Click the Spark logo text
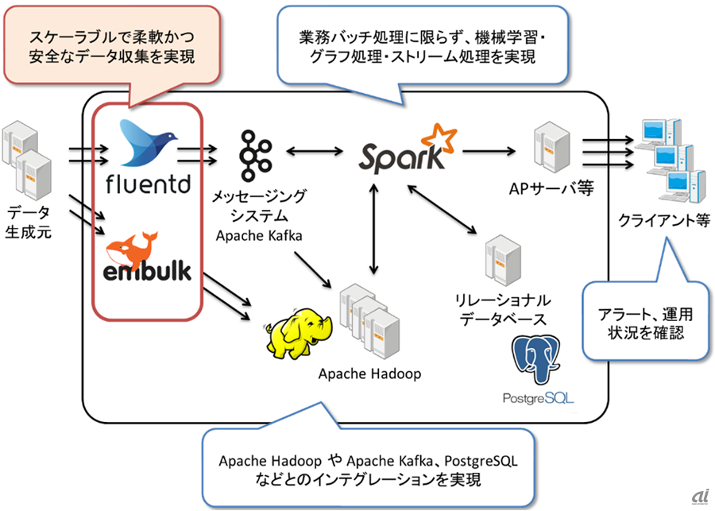pos(401,157)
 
